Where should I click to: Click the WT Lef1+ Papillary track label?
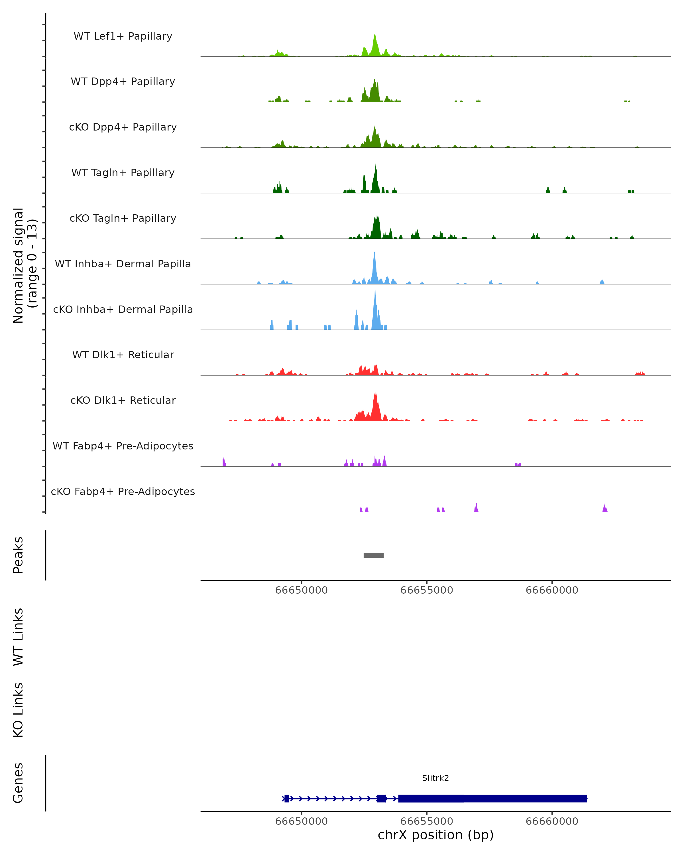123,36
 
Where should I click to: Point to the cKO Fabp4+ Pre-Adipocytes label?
123,491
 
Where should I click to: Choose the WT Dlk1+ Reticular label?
123,355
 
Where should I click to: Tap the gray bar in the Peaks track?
374,555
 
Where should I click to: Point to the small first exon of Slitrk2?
287,798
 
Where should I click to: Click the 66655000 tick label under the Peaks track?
427,590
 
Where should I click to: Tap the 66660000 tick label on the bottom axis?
552,821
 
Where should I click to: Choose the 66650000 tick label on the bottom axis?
301,821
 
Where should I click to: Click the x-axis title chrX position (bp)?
435,835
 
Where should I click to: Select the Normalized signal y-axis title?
25,266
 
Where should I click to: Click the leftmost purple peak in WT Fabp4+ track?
224,461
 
